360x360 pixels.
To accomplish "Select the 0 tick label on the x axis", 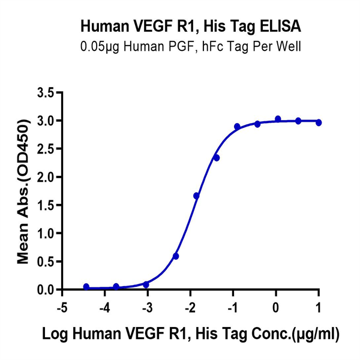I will tap(275, 308).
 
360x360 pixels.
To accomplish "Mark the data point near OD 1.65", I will tap(196, 196).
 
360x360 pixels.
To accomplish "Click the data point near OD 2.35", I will tap(217, 158).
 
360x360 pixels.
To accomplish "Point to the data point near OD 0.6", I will tap(176, 256).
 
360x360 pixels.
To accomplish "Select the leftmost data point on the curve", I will tap(86, 287).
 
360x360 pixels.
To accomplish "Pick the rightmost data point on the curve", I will tap(319, 122).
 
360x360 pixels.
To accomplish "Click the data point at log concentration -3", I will tap(146, 284).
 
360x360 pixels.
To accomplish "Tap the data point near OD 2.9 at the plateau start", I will tap(237, 127).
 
